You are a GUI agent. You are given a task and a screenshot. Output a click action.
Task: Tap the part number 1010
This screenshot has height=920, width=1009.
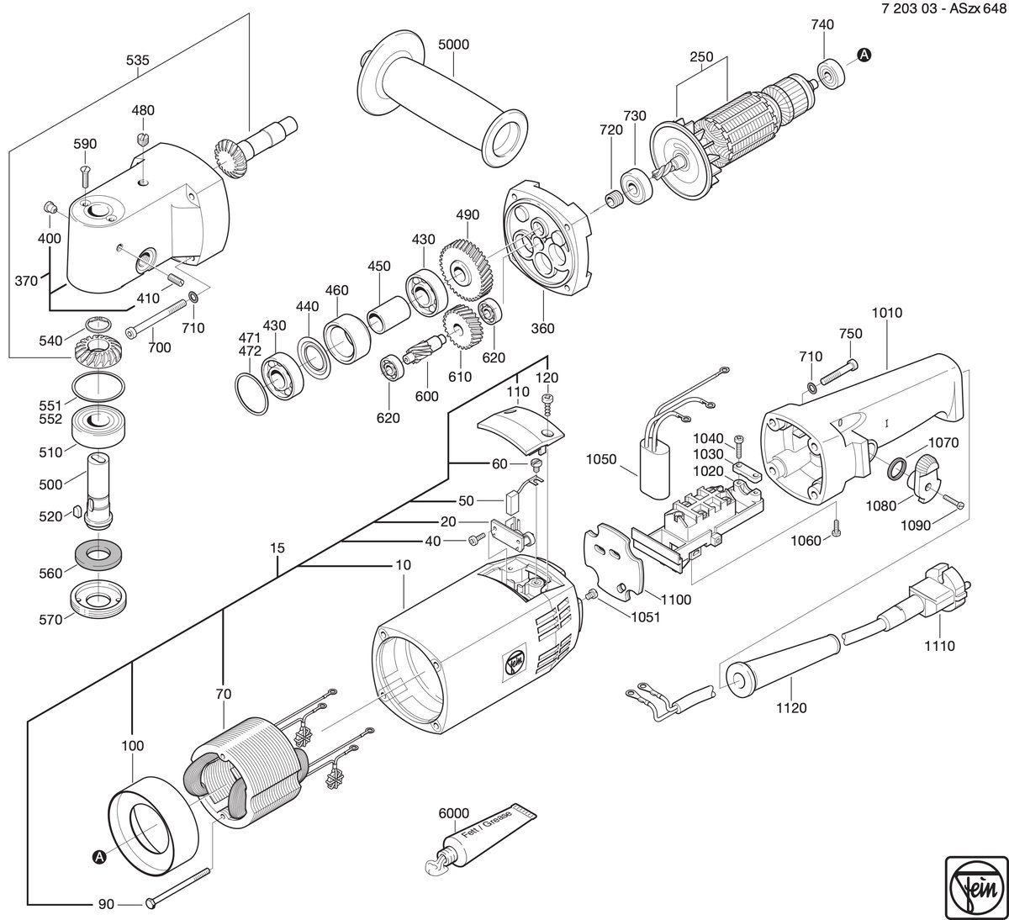click(887, 313)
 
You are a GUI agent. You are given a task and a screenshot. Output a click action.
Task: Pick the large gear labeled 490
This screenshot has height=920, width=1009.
click(467, 270)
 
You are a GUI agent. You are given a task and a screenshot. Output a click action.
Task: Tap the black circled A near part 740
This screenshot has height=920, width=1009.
click(864, 55)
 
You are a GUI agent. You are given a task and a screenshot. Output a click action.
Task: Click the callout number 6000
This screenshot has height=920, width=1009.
click(454, 813)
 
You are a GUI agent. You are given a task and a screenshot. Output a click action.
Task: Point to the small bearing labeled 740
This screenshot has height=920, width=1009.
click(831, 74)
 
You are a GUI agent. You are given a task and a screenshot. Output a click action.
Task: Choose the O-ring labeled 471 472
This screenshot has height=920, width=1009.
click(251, 394)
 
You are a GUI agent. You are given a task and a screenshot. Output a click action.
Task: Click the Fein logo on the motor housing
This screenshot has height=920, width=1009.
click(515, 658)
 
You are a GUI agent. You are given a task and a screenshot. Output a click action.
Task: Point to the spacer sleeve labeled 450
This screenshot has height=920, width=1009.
click(388, 316)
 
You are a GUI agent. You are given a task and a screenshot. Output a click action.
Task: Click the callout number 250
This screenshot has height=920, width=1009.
click(701, 57)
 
